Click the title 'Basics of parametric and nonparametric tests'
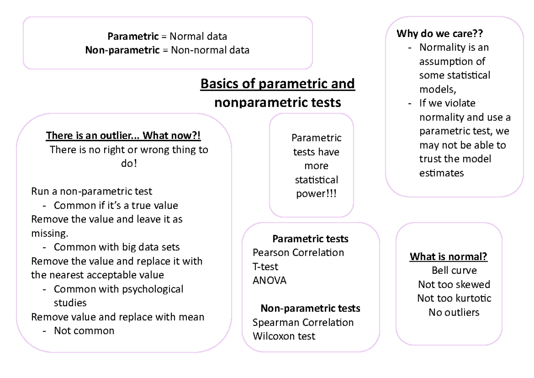tap(278, 93)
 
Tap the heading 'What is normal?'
tap(449, 257)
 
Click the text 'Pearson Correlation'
tap(298, 253)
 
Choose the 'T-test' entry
tap(266, 267)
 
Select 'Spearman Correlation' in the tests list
tap(303, 322)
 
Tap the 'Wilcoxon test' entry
tap(283, 336)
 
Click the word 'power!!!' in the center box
tap(316, 194)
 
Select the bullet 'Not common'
tap(84, 331)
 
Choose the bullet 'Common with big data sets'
tap(117, 247)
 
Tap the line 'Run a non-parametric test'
tap(92, 192)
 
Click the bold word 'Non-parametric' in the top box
tap(122, 50)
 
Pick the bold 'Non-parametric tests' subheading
tap(310, 308)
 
